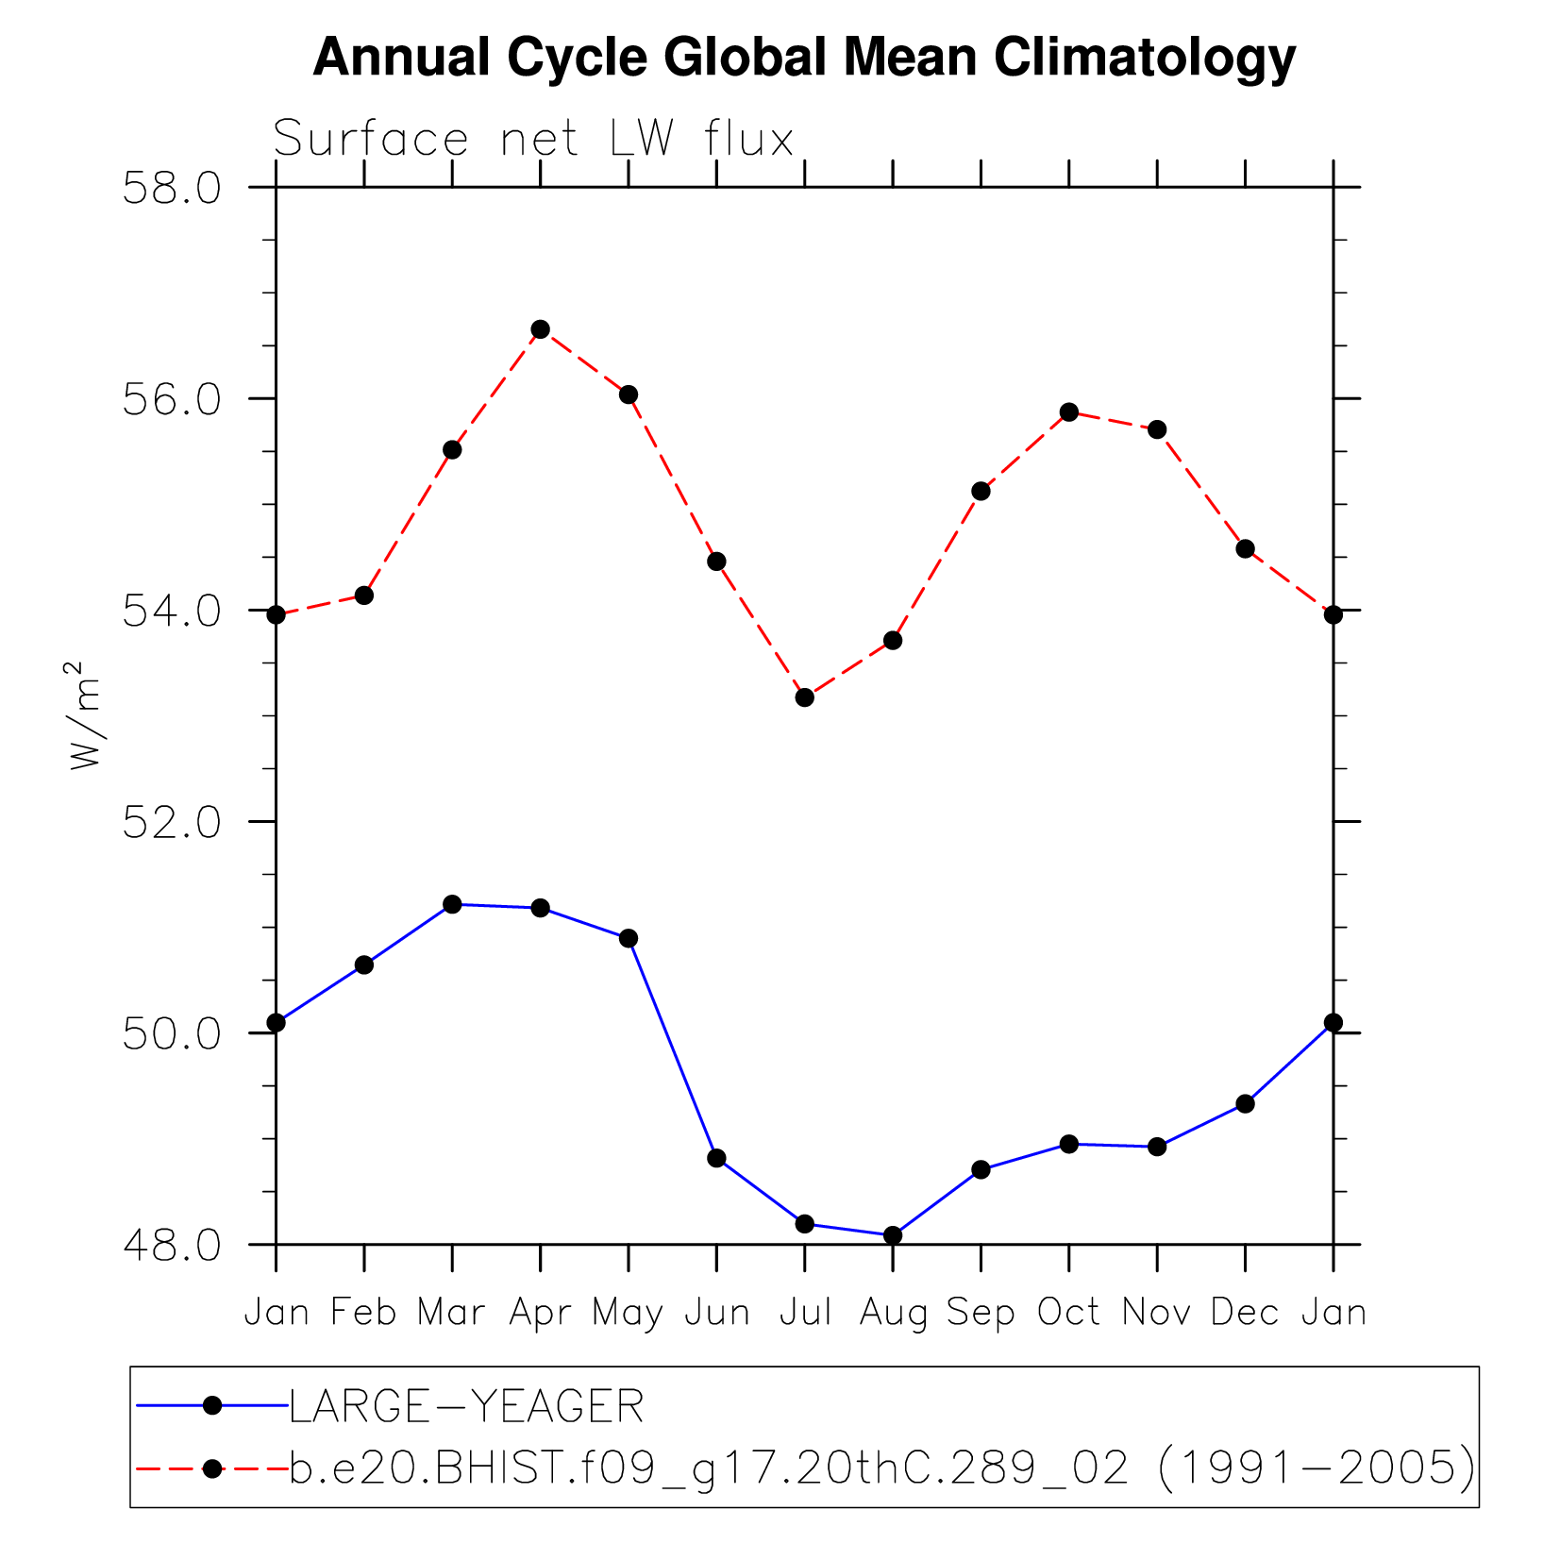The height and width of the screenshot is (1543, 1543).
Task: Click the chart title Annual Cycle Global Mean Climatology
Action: click(804, 58)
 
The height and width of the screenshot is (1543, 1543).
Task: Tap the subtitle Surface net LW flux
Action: click(533, 140)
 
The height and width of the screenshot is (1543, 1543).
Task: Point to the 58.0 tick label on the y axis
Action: click(173, 188)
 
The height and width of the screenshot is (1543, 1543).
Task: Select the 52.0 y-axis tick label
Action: click(173, 822)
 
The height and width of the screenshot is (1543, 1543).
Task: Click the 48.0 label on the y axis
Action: click(173, 1245)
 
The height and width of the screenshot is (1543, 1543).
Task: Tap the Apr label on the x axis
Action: click(540, 1313)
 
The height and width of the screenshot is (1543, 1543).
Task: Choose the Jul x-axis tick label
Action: click(805, 1313)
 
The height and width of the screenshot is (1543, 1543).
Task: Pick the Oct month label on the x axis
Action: click(1069, 1313)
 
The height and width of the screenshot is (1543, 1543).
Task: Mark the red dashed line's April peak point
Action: click(540, 329)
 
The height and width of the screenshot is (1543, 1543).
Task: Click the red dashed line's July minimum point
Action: click(805, 697)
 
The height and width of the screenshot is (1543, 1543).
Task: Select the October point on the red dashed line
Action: click(1069, 412)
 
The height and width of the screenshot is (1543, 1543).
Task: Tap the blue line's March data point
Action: click(452, 904)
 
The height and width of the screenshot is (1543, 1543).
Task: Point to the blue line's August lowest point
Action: click(893, 1235)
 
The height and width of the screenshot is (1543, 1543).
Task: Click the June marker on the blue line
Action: click(716, 1158)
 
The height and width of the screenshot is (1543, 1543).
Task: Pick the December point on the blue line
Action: click(1245, 1103)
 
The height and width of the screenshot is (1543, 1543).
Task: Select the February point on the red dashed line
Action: click(364, 595)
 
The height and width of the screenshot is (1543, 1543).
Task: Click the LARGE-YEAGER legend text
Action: click(466, 1407)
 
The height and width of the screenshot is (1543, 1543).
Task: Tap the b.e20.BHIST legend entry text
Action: click(881, 1468)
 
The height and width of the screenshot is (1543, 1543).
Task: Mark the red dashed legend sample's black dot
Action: click(212, 1468)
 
